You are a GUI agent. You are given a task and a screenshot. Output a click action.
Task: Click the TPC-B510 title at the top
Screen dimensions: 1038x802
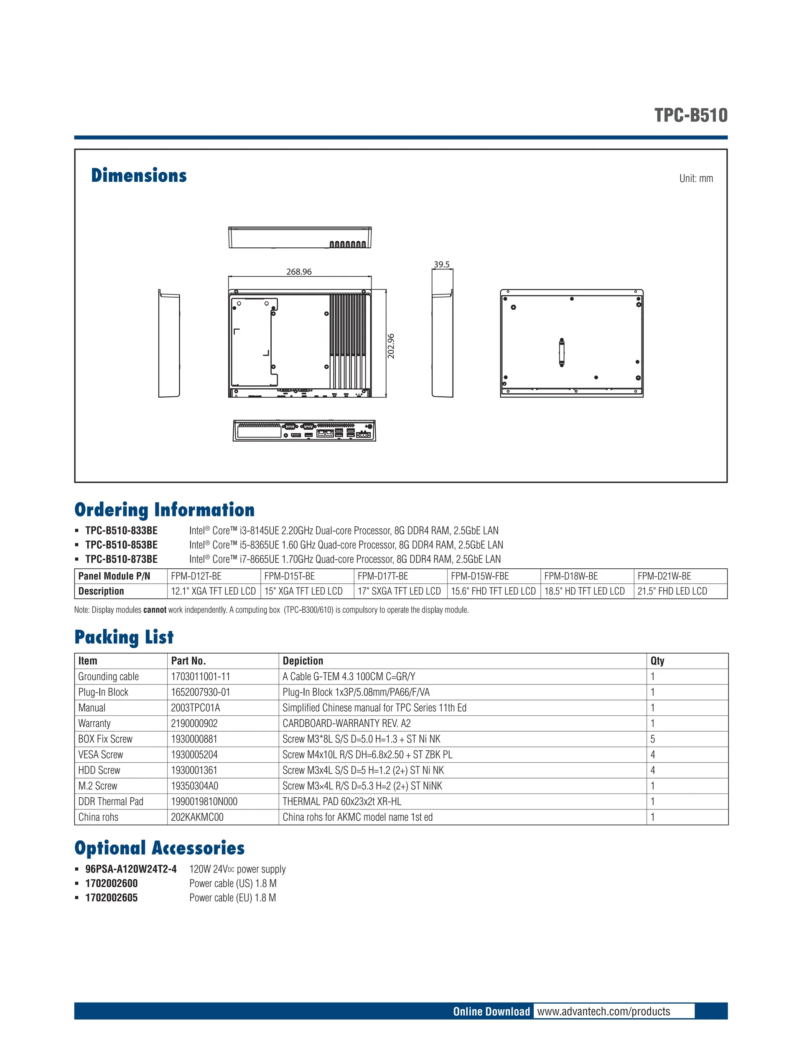click(690, 115)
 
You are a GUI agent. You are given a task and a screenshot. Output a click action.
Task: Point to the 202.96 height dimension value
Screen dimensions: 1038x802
click(391, 346)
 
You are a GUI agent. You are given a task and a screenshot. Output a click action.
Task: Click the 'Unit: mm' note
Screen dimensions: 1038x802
click(695, 179)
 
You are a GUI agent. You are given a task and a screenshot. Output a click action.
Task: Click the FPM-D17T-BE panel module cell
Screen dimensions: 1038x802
click(383, 576)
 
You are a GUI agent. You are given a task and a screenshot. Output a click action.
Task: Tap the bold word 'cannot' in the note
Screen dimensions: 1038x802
click(155, 610)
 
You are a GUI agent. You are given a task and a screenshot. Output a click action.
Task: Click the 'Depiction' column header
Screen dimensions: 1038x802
click(303, 661)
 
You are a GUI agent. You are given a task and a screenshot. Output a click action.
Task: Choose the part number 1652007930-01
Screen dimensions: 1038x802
click(200, 692)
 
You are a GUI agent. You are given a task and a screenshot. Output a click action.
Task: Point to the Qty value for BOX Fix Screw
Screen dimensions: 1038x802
click(653, 739)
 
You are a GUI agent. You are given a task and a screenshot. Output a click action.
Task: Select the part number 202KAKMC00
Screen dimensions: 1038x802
click(197, 817)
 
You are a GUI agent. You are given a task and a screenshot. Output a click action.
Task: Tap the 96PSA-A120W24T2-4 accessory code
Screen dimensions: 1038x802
click(131, 869)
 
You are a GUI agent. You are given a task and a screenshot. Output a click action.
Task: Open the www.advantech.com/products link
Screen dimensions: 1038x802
click(603, 1011)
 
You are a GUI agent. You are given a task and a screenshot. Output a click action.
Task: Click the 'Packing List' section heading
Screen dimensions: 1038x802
click(124, 637)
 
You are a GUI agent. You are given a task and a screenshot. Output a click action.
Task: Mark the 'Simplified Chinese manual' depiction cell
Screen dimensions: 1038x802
click(374, 708)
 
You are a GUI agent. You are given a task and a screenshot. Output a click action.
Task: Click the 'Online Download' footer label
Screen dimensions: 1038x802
click(491, 1011)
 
